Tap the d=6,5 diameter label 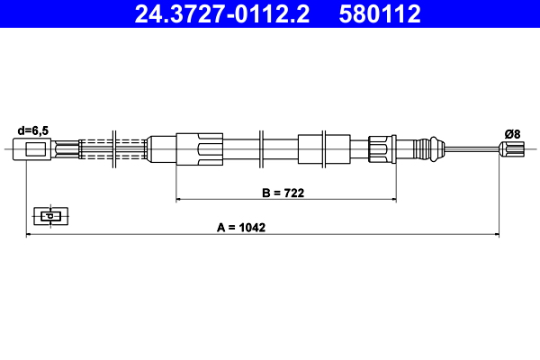[x=33, y=129]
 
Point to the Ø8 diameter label [x=511, y=133]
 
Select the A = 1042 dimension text [x=240, y=228]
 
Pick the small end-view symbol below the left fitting [x=50, y=215]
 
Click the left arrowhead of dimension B [x=179, y=197]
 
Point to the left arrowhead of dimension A [x=29, y=235]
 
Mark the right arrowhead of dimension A [x=496, y=235]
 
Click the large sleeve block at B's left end [x=199, y=149]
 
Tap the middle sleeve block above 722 [x=310, y=149]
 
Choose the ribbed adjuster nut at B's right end [x=381, y=149]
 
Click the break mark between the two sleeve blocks [x=259, y=149]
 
